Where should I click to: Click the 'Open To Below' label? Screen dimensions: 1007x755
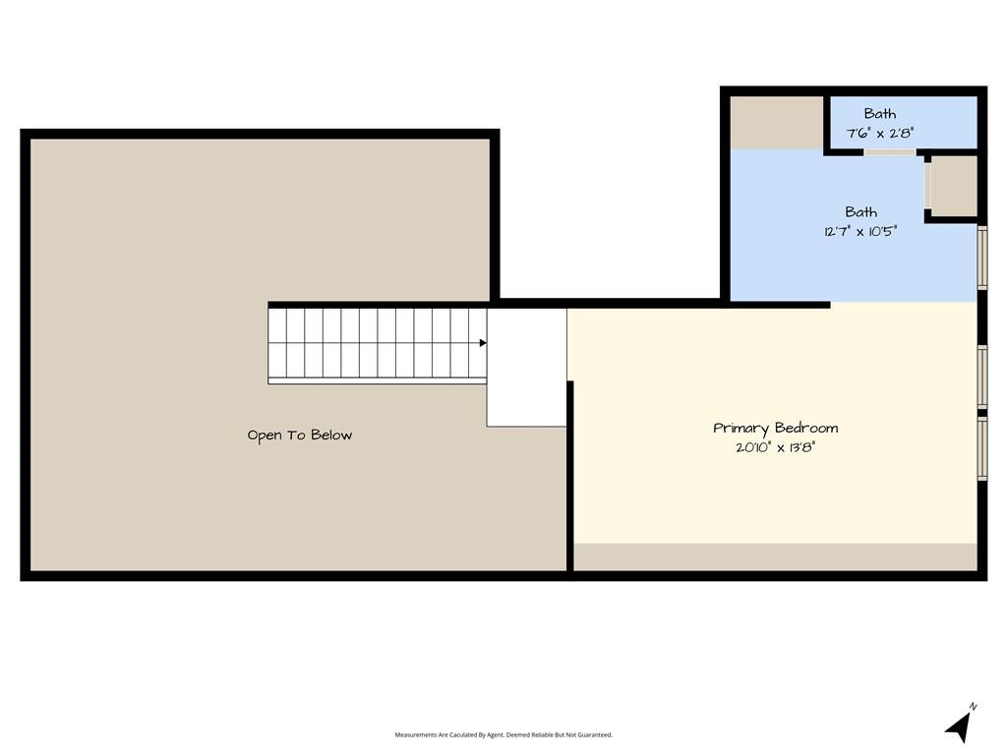pos(300,436)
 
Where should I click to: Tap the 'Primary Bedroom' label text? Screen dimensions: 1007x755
pos(775,429)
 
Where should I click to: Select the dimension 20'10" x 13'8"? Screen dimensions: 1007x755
pos(775,447)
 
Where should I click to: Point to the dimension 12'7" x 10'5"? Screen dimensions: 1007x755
pos(860,231)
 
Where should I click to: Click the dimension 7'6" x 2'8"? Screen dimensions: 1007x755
pos(880,134)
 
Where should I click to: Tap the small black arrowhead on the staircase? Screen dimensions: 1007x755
pos(483,343)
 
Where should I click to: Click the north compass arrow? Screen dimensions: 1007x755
pos(958,728)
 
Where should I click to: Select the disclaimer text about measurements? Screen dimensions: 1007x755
pos(503,735)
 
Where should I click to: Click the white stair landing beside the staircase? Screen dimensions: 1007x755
pos(527,368)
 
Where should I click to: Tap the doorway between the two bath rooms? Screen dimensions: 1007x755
pos(889,152)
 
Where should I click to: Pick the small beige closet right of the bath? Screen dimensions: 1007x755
pos(954,186)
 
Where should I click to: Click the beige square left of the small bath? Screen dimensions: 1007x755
pos(777,123)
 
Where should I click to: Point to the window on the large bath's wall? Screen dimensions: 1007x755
pos(982,258)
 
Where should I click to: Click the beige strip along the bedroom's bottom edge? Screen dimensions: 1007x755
pos(775,556)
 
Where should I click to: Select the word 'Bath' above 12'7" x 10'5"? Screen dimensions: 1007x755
pos(860,212)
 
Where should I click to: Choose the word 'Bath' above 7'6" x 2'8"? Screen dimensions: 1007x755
pos(880,114)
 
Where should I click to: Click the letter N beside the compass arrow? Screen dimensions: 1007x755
pos(973,706)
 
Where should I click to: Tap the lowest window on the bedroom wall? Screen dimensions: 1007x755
pos(982,448)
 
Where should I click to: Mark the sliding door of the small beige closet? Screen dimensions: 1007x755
pos(927,186)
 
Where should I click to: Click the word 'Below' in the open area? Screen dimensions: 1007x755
pos(331,435)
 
